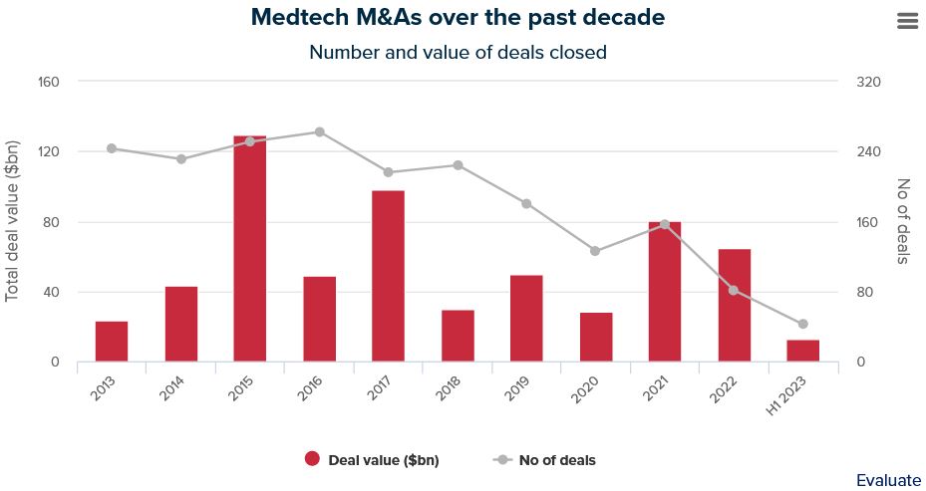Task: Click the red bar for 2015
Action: point(250,249)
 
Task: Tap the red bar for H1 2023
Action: point(803,352)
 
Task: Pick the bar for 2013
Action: point(112,342)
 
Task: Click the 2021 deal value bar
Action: point(665,292)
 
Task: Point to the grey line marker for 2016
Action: point(320,131)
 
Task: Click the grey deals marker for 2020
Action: point(595,251)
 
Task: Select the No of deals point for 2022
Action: point(734,290)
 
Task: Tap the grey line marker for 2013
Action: point(112,148)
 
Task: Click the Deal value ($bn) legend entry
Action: point(372,460)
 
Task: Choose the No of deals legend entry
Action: point(545,460)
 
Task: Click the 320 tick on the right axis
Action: point(868,82)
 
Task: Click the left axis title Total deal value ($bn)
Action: point(13,221)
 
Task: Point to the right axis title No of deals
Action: point(903,221)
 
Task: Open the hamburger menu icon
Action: point(907,22)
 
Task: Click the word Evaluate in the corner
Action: point(888,480)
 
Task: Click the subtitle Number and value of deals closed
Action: point(458,52)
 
